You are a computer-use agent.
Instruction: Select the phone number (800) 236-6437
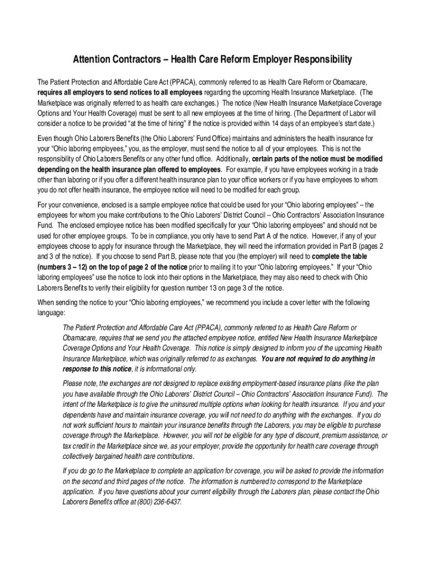coord(157,502)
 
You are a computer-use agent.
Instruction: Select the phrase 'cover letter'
coord(289,303)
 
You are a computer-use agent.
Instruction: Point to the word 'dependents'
coord(80,415)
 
